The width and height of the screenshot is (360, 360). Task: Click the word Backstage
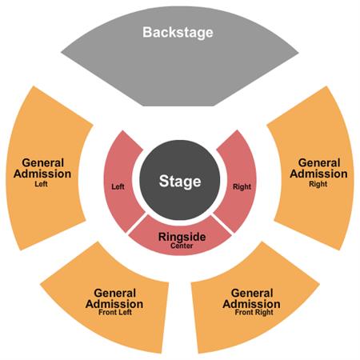(178, 32)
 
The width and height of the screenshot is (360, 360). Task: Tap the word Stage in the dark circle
(180, 182)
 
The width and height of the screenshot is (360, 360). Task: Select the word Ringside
(182, 237)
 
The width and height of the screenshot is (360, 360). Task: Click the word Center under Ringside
(182, 246)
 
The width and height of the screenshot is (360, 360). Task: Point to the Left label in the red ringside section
(118, 186)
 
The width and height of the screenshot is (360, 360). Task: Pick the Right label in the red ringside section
(242, 186)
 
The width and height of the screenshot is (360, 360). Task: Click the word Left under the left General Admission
(42, 184)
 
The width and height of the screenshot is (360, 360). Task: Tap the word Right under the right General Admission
(318, 184)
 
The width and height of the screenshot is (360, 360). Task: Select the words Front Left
(115, 312)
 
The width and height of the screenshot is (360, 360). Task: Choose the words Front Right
(254, 312)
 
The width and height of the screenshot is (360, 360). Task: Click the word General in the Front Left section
(115, 293)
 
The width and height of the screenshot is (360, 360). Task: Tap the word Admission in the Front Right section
(251, 304)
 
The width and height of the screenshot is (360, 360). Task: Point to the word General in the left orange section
(43, 162)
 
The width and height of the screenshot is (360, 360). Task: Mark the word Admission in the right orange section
(318, 174)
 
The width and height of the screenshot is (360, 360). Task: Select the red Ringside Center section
(180, 238)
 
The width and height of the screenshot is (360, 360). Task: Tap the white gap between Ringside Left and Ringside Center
(137, 223)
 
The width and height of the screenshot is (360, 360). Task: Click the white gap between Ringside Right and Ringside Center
(222, 224)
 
